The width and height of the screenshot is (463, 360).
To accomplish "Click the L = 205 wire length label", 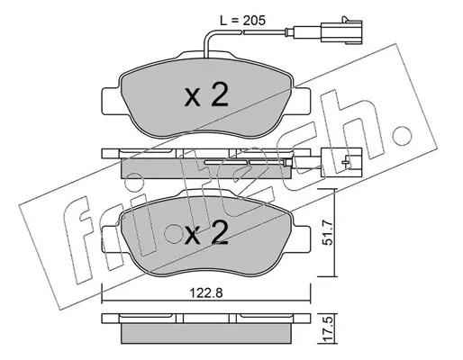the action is pyautogui.click(x=243, y=21).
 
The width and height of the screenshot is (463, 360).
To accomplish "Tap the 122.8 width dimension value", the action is pyautogui.click(x=206, y=292).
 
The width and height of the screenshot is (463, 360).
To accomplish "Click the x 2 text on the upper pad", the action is pyautogui.click(x=206, y=95).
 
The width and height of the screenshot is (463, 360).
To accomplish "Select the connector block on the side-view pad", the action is pyautogui.click(x=341, y=162).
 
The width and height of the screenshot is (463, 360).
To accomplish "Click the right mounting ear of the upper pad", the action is pyautogui.click(x=301, y=101).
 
